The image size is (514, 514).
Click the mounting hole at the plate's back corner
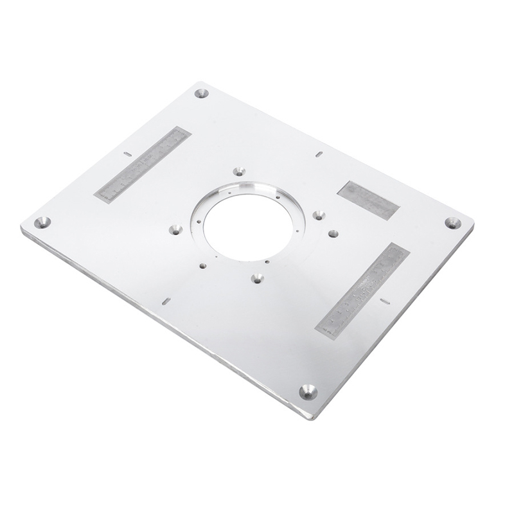tap(201, 93)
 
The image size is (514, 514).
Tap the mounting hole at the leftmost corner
tap(42, 222)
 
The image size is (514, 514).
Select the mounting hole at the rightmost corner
tap(452, 222)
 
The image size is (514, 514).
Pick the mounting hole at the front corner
tap(308, 391)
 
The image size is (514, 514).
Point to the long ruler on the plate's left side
tap(142, 164)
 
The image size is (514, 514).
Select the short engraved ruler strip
tap(368, 200)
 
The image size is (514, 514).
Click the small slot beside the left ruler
tap(127, 154)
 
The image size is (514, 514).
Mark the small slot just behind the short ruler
tap(319, 154)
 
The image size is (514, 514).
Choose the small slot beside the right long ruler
tap(385, 300)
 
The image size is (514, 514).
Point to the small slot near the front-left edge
tap(166, 300)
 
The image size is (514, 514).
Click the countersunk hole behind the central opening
tap(239, 172)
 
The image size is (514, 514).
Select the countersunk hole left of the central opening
tap(175, 229)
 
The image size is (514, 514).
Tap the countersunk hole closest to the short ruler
tap(319, 216)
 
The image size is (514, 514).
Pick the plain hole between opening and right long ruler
tap(333, 233)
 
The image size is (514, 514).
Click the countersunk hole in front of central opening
tap(257, 278)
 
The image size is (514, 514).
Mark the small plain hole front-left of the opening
tap(202, 265)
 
